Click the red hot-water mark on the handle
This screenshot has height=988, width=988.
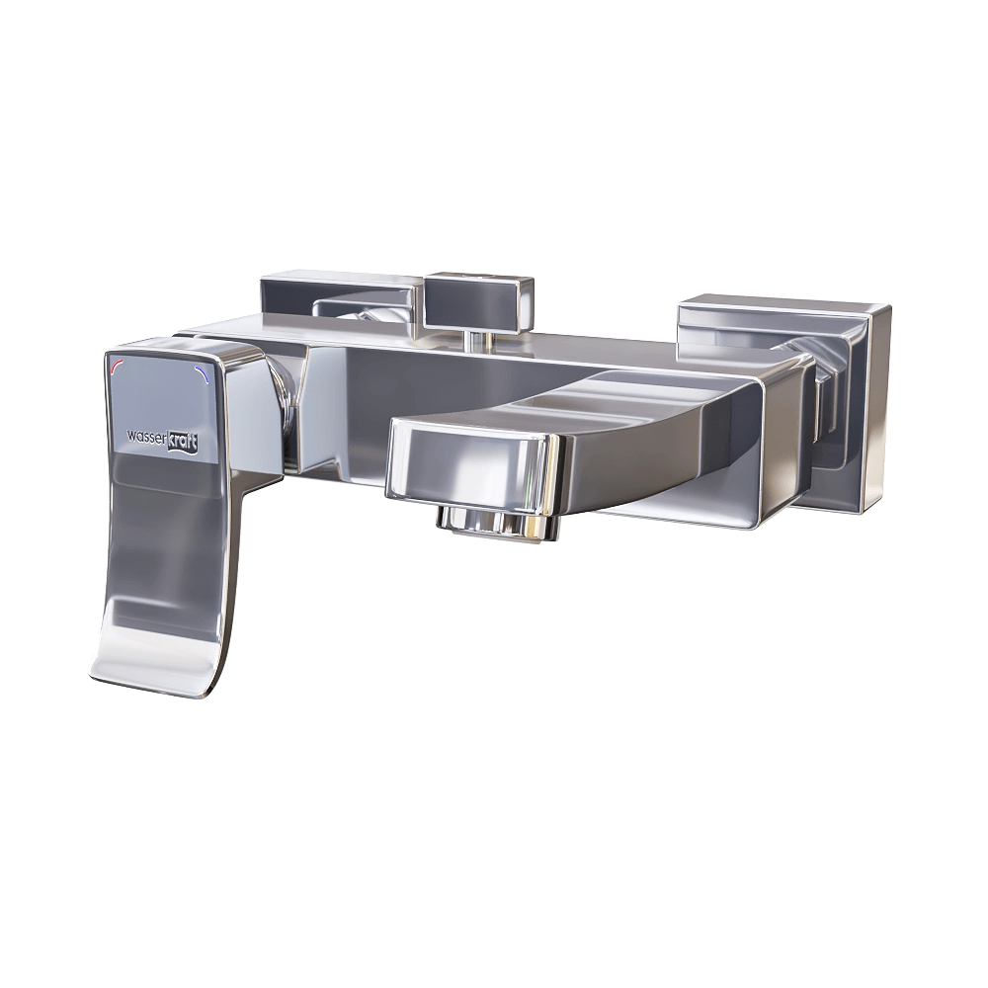click(x=118, y=368)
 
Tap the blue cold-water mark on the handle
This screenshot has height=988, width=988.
click(x=206, y=373)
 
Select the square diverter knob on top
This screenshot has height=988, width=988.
click(x=479, y=300)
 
